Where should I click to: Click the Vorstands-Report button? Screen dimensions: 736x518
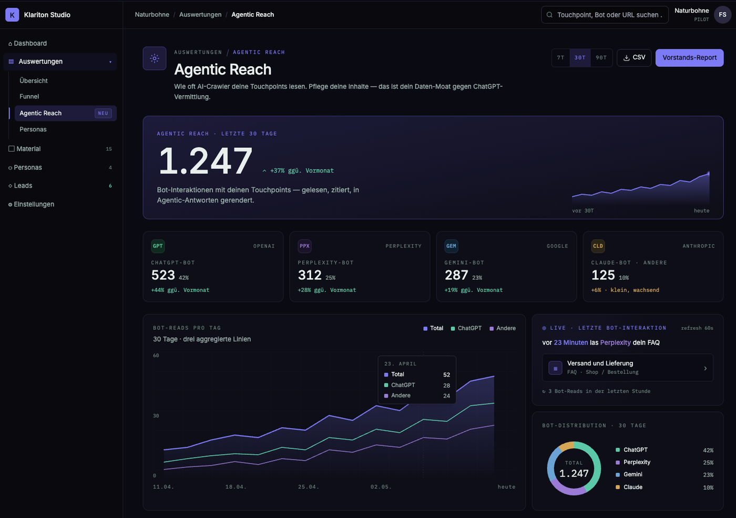click(x=689, y=58)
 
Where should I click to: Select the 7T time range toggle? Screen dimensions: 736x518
click(x=560, y=58)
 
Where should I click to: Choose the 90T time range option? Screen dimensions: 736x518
click(x=601, y=58)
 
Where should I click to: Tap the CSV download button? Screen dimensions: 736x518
click(x=634, y=58)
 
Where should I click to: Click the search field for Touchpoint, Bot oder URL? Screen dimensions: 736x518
click(x=605, y=15)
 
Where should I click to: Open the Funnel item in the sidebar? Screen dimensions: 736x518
click(x=29, y=96)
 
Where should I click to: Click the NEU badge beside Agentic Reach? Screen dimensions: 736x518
click(x=103, y=113)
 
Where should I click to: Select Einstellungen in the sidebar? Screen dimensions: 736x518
click(x=34, y=204)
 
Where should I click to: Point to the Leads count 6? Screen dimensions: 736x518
click(x=110, y=186)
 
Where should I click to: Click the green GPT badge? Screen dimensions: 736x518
click(x=158, y=246)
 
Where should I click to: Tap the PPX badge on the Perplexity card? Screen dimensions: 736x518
click(x=304, y=246)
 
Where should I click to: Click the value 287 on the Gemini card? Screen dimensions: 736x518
click(x=456, y=275)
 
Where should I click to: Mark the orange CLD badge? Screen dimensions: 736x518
click(x=598, y=246)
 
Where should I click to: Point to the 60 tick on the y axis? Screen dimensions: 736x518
click(x=156, y=356)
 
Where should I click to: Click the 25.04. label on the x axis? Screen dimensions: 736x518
click(x=309, y=487)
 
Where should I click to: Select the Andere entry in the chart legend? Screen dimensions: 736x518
click(x=503, y=328)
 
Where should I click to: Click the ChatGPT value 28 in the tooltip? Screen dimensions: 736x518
click(x=446, y=385)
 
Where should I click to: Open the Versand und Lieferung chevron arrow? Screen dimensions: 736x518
click(x=706, y=369)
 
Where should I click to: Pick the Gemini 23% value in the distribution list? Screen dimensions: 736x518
click(x=708, y=474)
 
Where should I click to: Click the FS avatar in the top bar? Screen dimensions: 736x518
click(x=722, y=15)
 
